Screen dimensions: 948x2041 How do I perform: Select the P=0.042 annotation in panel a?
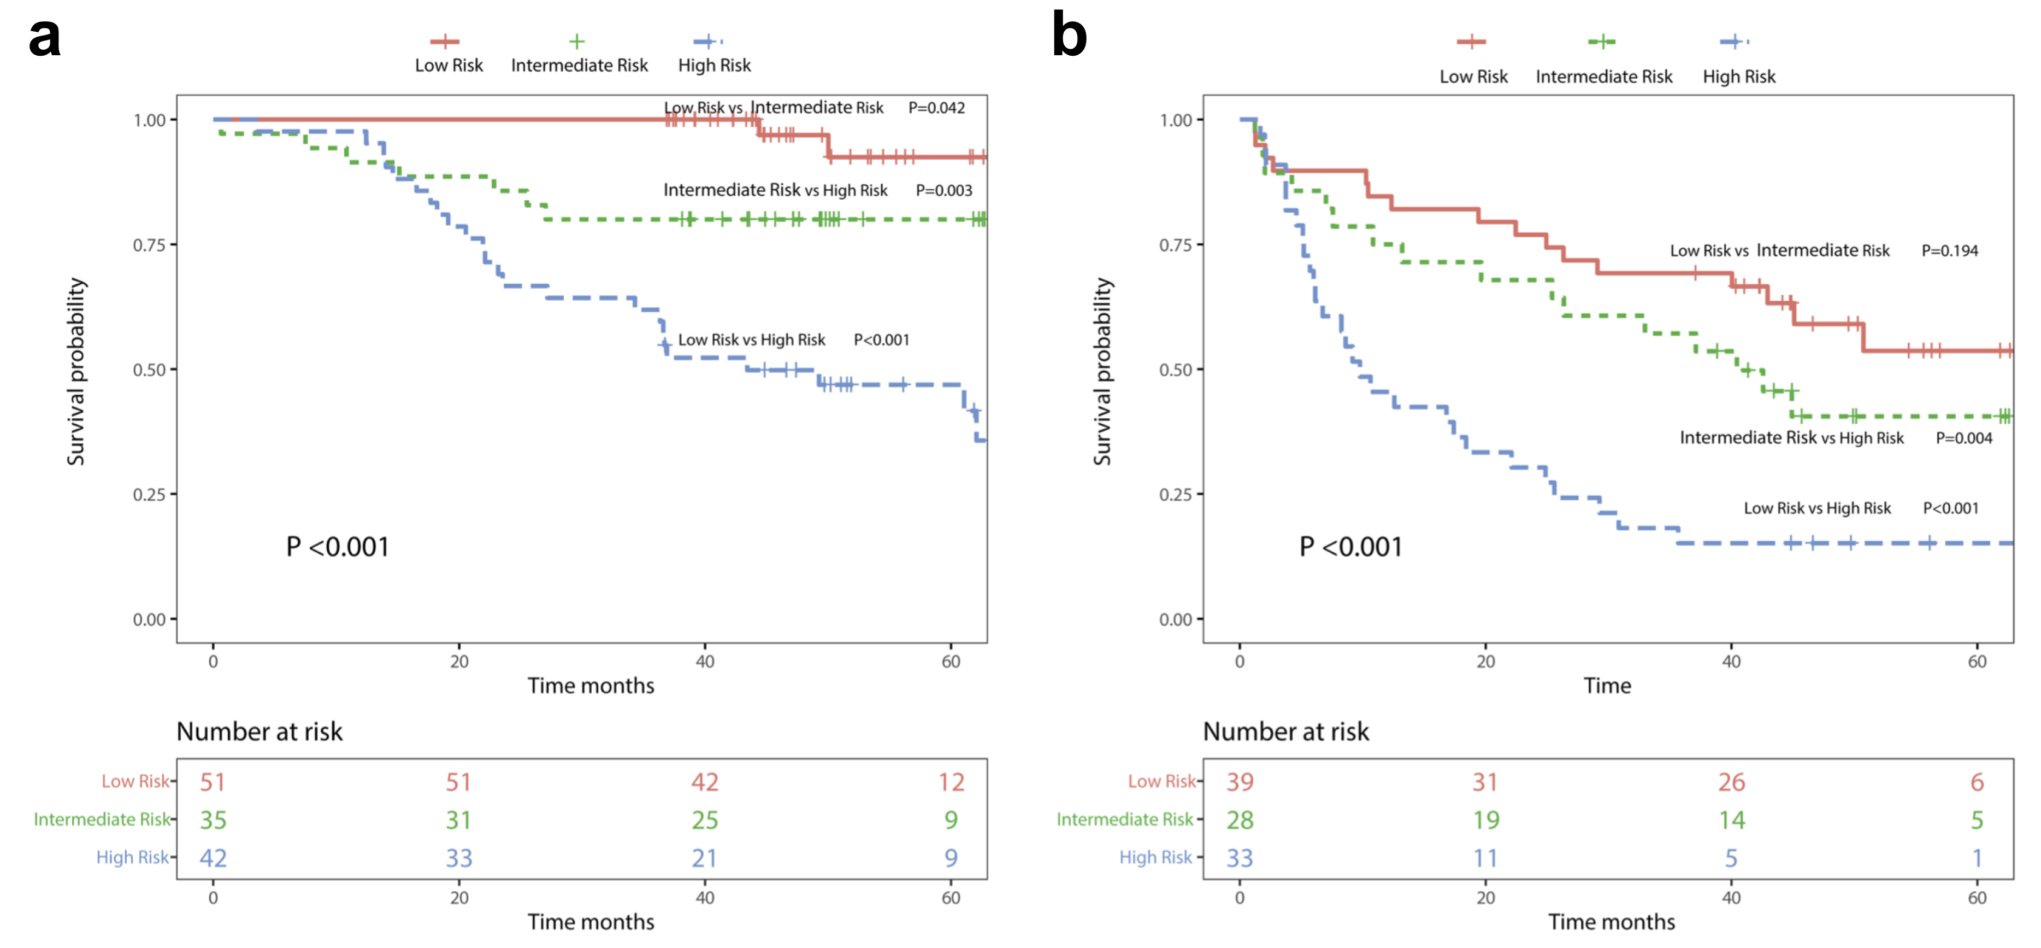tap(936, 108)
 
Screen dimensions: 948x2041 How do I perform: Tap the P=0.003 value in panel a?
tap(943, 190)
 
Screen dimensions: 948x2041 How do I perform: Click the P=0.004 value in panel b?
tap(1963, 438)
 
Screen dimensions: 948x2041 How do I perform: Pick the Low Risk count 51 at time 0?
tap(213, 782)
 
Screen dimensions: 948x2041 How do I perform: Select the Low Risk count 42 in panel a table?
tap(704, 782)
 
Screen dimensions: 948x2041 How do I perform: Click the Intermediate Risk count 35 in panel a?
tap(213, 821)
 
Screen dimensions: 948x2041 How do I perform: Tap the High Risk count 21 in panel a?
tap(704, 858)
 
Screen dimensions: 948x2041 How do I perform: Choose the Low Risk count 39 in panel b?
tap(1240, 782)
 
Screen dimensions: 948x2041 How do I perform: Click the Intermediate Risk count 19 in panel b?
tap(1485, 821)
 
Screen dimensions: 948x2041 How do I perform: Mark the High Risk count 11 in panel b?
tap(1485, 858)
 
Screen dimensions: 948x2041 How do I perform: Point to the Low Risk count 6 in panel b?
tap(1977, 782)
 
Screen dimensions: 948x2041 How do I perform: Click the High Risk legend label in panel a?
tap(714, 65)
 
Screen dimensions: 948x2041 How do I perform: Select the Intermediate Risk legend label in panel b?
tap(1603, 77)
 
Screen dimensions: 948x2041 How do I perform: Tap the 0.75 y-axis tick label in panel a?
tap(149, 245)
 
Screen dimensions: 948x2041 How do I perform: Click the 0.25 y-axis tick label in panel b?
tap(1176, 495)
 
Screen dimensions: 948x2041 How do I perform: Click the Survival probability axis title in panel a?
tap(76, 371)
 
